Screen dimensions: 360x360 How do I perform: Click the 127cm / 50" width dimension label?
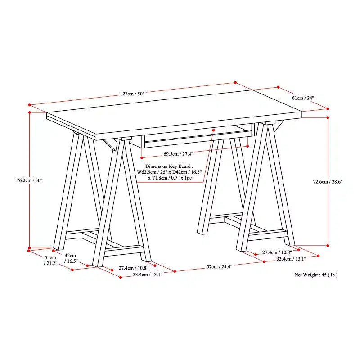pyautogui.click(x=132, y=94)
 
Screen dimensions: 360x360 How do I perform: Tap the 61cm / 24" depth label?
pyautogui.click(x=303, y=98)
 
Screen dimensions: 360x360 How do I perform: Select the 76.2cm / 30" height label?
pyautogui.click(x=30, y=180)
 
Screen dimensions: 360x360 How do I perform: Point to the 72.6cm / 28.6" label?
pyautogui.click(x=328, y=182)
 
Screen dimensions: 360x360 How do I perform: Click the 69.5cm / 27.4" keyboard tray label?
pyautogui.click(x=178, y=154)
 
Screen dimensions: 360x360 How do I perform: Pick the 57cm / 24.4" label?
pyautogui.click(x=220, y=266)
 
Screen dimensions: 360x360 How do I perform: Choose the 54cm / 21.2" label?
pyautogui.click(x=50, y=261)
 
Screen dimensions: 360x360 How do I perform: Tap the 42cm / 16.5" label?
pyautogui.click(x=71, y=258)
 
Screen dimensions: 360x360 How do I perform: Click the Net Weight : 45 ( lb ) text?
pyautogui.click(x=316, y=274)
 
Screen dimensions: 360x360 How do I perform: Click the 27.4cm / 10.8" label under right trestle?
pyautogui.click(x=277, y=252)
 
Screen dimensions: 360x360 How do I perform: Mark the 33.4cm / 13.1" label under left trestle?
pyautogui.click(x=148, y=274)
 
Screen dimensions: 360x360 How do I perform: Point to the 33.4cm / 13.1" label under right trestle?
pyautogui.click(x=291, y=259)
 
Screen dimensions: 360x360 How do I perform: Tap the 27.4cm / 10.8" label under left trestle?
pyautogui.click(x=133, y=268)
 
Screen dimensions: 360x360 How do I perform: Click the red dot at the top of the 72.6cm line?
pyautogui.click(x=328, y=117)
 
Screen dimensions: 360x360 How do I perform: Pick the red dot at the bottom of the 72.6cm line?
pyautogui.click(x=328, y=245)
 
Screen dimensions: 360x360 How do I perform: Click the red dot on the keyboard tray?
pyautogui.click(x=213, y=130)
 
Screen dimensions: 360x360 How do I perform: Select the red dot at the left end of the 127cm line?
pyautogui.click(x=30, y=105)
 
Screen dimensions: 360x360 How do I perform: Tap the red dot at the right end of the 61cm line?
pyautogui.click(x=328, y=108)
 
